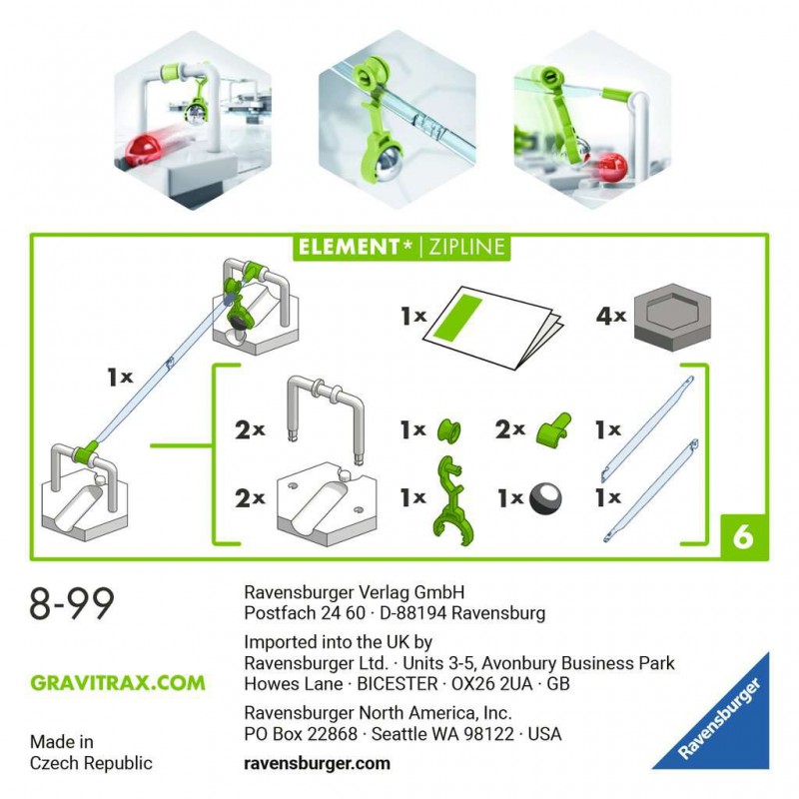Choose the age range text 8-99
pyautogui.click(x=72, y=604)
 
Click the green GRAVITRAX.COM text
pyautogui.click(x=118, y=683)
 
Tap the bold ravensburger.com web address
pyautogui.click(x=317, y=763)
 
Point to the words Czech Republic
pyautogui.click(x=91, y=763)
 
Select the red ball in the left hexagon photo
pyautogui.click(x=145, y=150)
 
